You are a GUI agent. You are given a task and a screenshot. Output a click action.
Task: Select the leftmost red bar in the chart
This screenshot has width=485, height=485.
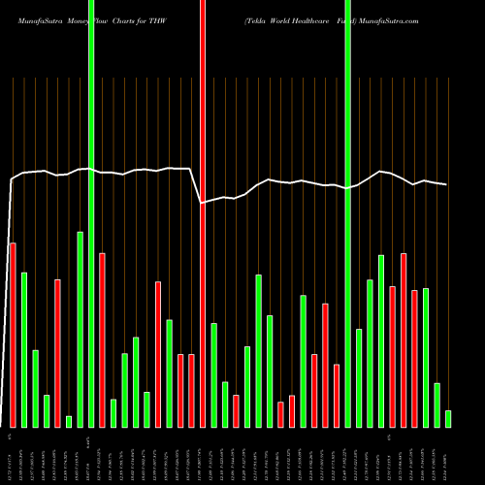[x=13, y=335]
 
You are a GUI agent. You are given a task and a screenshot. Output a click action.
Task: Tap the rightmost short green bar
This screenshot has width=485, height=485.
[x=448, y=418]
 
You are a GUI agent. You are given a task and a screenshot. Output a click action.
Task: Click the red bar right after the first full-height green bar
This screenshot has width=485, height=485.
[x=102, y=339]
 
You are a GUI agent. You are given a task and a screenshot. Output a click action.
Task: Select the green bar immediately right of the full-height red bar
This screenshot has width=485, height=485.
[x=213, y=374]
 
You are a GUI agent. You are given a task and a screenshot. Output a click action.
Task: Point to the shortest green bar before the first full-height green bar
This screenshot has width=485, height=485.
[x=69, y=421]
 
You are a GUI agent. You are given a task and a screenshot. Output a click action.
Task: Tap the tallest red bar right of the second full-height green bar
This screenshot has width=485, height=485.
[x=404, y=339]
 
